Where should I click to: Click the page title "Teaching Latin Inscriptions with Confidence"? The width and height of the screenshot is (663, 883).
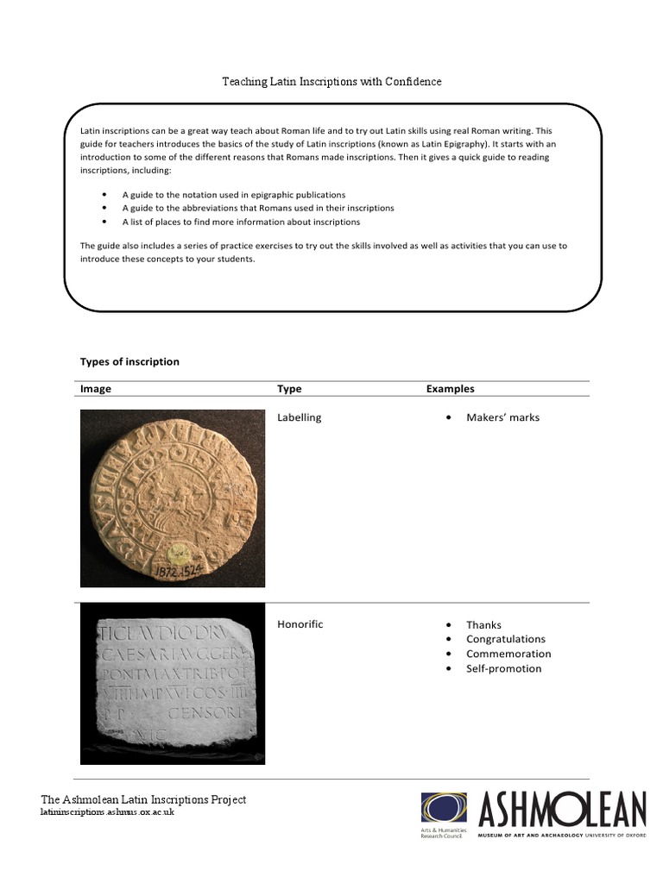(x=331, y=82)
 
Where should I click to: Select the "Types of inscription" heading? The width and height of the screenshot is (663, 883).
(x=129, y=361)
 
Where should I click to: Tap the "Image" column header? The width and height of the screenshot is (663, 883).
(x=96, y=389)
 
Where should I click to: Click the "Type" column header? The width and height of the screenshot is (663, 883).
(x=289, y=389)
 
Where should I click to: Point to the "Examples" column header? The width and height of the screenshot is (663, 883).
(x=450, y=389)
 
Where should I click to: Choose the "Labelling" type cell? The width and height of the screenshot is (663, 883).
(x=299, y=417)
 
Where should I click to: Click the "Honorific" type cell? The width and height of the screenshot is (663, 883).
(x=300, y=624)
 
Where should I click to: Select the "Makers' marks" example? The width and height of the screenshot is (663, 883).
(x=502, y=417)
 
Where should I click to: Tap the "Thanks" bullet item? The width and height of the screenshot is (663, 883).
(x=483, y=625)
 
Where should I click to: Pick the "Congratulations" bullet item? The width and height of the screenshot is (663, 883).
(x=506, y=639)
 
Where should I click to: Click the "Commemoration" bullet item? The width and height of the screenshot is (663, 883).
(x=508, y=654)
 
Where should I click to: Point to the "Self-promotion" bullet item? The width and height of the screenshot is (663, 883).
(x=503, y=668)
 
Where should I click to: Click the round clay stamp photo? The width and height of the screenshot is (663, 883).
(x=172, y=497)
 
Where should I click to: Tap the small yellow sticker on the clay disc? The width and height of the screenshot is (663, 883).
(x=182, y=551)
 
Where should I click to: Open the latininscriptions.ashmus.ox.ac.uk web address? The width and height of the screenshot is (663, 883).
(x=107, y=812)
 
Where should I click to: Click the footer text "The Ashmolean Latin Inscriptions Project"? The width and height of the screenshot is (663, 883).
(x=143, y=799)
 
